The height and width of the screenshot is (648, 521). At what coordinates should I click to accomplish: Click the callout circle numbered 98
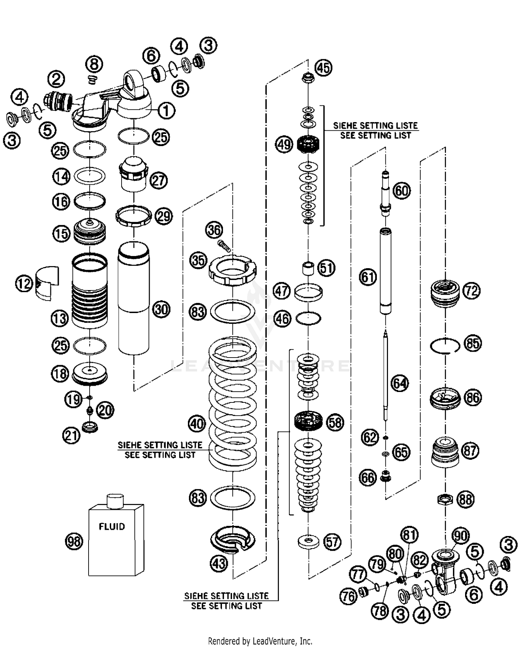(74, 542)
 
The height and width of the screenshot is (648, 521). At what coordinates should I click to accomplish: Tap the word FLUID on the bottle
(112, 527)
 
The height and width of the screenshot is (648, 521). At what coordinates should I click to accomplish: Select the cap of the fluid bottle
(115, 500)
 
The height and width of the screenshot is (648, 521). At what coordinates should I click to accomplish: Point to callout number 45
(323, 67)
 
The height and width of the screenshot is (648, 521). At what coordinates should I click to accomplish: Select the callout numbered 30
(161, 309)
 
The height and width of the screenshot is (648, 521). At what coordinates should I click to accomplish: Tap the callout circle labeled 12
(24, 284)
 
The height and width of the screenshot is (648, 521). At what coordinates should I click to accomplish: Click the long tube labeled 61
(386, 271)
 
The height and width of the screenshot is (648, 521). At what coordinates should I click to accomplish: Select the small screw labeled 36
(224, 246)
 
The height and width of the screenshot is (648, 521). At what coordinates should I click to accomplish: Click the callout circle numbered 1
(166, 111)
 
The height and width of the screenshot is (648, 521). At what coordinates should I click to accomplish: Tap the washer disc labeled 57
(308, 541)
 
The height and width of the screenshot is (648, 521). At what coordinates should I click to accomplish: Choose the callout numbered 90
(461, 536)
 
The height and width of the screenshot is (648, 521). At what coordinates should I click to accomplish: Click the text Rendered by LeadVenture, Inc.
(260, 640)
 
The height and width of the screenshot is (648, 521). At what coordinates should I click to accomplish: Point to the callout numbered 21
(72, 435)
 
